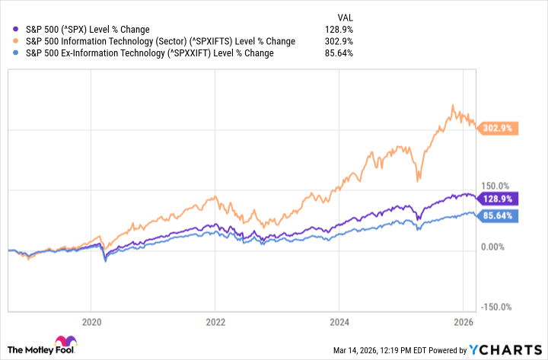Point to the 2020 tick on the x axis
[91, 321]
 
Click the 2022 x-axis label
[215, 321]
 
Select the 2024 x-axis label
[339, 321]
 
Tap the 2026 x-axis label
[463, 321]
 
